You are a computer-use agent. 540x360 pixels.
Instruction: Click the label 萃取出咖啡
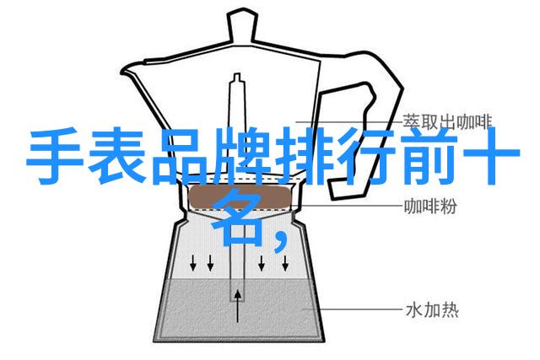448,122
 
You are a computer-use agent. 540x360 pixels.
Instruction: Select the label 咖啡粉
430,206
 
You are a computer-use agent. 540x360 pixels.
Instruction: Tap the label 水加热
432,310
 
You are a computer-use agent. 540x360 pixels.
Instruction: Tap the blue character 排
303,156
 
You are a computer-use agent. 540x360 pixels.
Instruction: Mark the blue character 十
491,156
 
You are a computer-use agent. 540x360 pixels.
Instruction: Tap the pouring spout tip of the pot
121,73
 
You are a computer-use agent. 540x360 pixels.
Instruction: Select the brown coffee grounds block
240,197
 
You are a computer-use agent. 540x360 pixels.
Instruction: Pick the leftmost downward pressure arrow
193,262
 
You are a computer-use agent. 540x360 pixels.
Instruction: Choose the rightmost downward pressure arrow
285,262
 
